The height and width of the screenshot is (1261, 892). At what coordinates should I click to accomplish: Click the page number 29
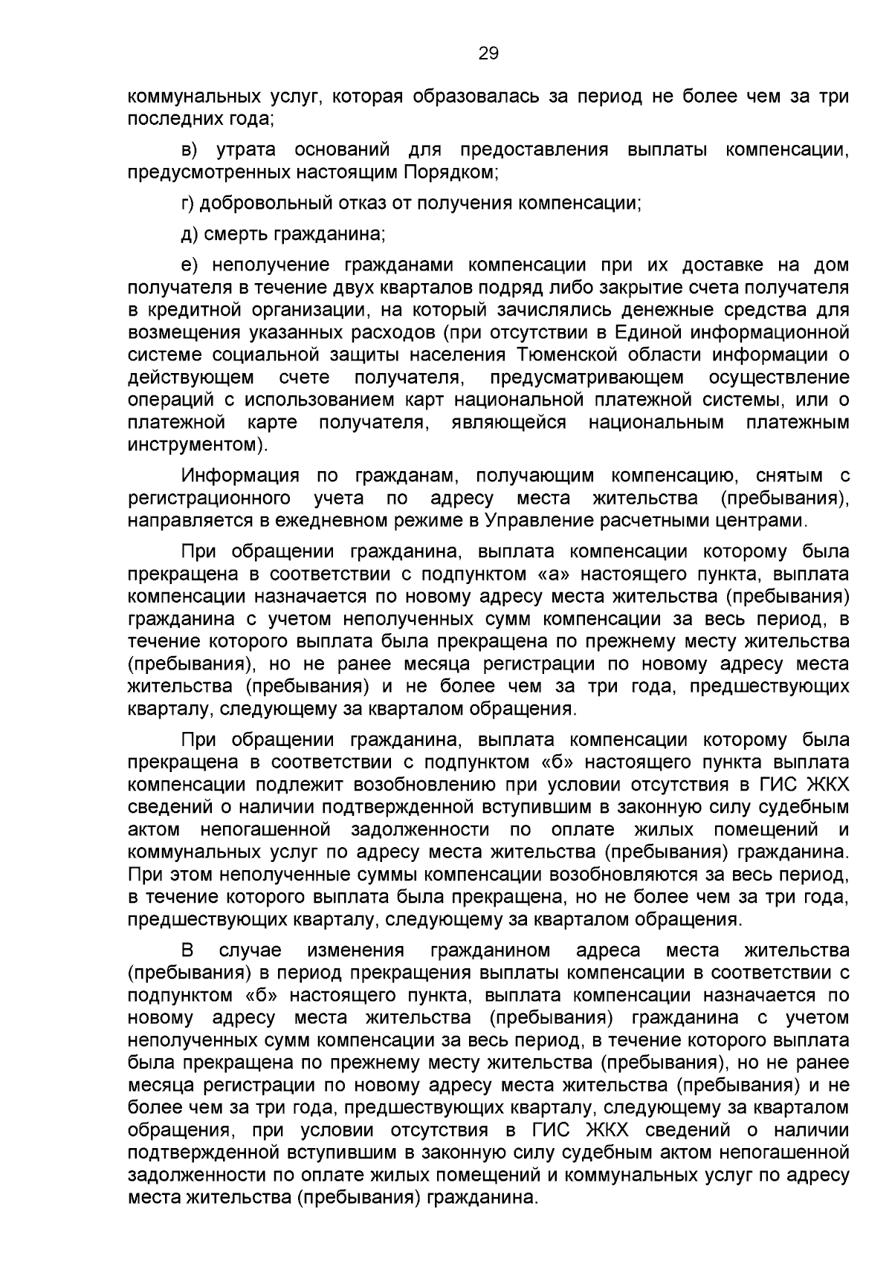[488, 54]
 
